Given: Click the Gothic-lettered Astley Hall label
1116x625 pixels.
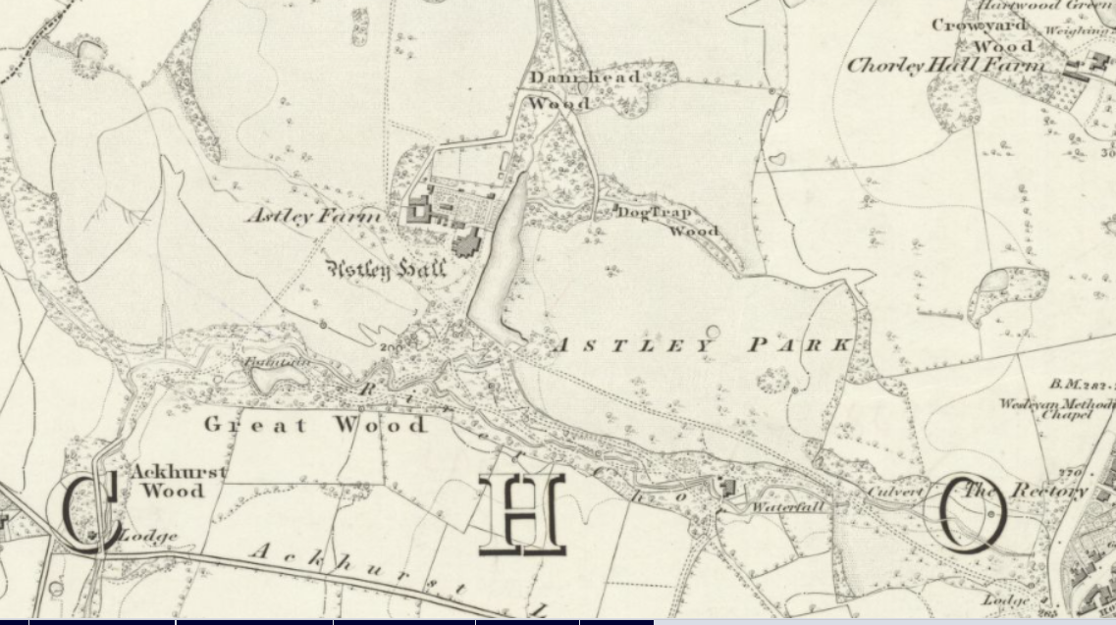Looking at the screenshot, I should point(386,268).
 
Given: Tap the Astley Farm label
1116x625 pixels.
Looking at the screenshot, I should point(312,215).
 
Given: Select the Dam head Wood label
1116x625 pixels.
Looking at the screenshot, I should point(584,89).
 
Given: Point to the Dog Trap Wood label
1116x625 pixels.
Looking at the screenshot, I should point(667,221).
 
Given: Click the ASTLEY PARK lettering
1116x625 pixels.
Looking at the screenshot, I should point(704,344).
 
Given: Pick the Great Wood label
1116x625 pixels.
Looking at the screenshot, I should point(315,425).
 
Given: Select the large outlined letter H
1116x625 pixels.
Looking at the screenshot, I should point(522,513).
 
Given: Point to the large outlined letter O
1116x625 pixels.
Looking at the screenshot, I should point(973,514).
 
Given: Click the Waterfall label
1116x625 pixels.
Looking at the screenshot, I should point(787,507).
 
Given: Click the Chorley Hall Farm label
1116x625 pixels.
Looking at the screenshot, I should point(945,66).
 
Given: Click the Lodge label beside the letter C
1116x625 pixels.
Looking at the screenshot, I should point(149,536).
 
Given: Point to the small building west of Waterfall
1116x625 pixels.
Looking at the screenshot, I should point(727,486).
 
